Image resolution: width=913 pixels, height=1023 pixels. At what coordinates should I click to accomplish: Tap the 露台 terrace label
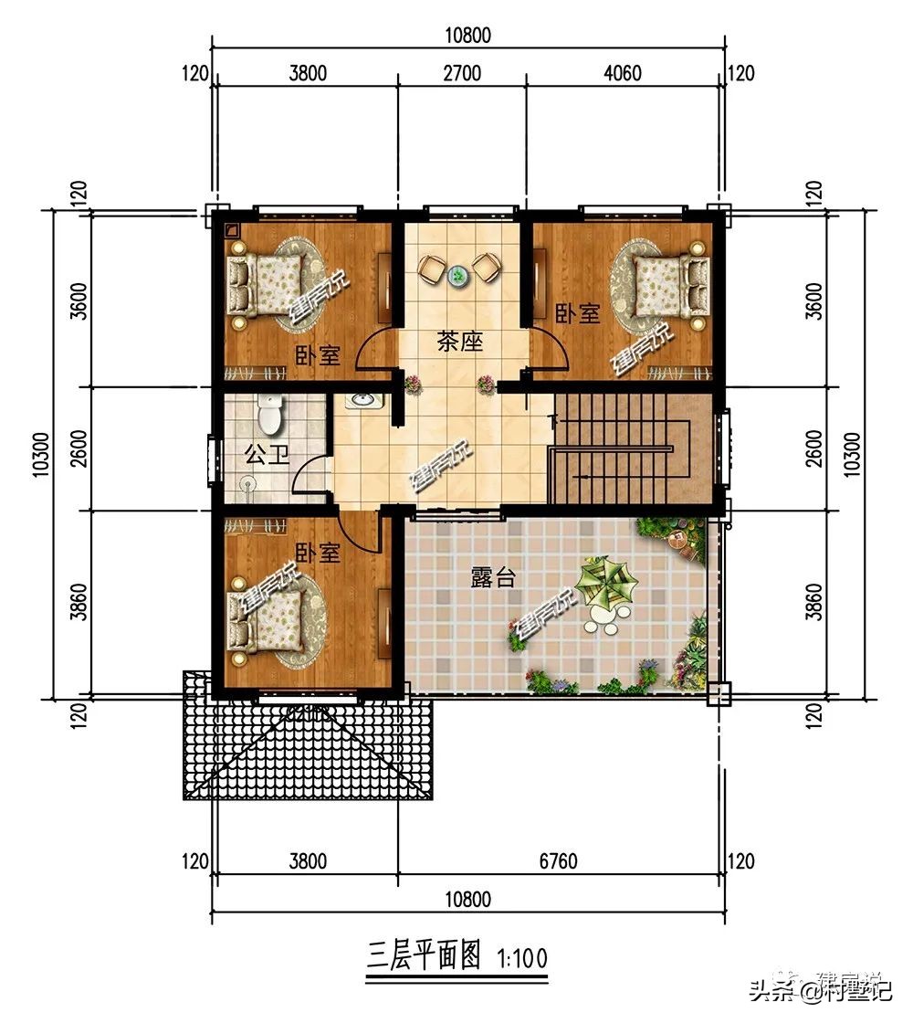click(493, 577)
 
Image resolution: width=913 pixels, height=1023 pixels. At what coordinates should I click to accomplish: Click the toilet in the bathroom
click(269, 417)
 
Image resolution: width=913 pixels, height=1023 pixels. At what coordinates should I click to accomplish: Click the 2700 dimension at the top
click(462, 73)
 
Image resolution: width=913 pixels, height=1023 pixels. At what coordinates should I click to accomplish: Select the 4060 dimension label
click(624, 73)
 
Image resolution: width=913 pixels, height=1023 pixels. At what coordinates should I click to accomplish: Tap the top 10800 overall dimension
click(469, 36)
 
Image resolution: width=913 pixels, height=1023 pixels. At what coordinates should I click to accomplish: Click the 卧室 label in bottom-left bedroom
click(317, 554)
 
